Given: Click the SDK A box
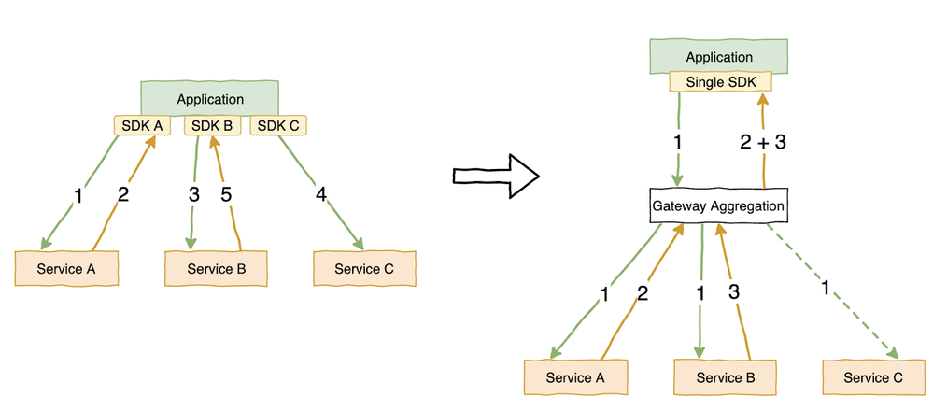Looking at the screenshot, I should (138, 125).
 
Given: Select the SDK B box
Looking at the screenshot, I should (212, 125).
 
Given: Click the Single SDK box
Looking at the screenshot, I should (720, 82).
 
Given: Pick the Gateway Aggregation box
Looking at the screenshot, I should (717, 205).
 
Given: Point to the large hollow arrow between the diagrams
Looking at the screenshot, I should (495, 176).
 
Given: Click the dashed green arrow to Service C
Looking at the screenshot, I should (831, 290).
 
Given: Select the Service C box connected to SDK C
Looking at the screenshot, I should (363, 269).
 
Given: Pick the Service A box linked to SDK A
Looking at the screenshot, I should (66, 269).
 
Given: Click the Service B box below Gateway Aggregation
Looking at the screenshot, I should (718, 377).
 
